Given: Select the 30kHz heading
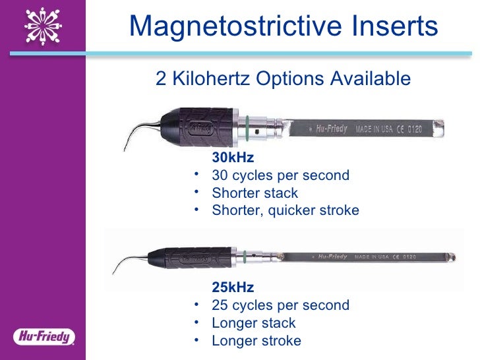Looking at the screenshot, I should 232,158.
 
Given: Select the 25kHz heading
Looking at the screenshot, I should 232,288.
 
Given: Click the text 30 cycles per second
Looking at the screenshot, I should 280,175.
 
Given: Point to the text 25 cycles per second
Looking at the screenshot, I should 280,305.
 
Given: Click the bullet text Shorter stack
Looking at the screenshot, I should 255,193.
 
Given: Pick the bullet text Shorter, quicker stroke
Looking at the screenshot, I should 285,210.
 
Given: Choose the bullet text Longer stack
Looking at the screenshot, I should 253,323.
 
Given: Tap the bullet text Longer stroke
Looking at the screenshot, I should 256,341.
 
